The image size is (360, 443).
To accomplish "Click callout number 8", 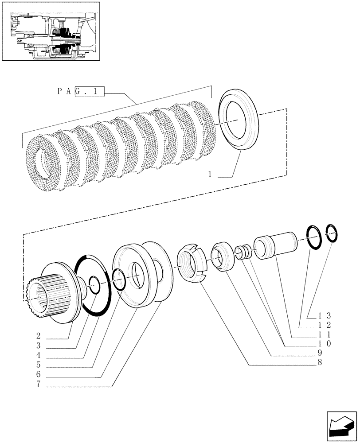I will (319, 362).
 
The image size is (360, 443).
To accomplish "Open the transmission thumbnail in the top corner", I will (51, 31).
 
